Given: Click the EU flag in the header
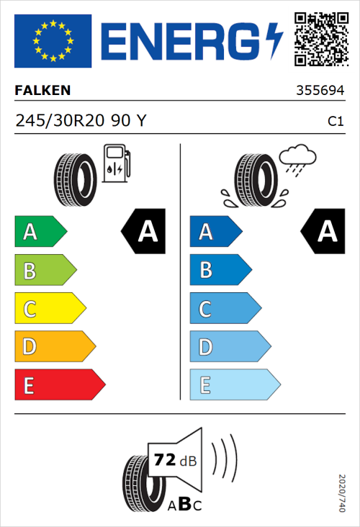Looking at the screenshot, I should coord(53,41).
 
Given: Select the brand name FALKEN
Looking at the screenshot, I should coord(42,91).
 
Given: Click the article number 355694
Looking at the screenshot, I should coord(320,91).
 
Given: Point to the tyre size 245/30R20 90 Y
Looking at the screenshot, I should coord(81,122).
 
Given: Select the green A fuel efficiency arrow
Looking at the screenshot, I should coord(40,232).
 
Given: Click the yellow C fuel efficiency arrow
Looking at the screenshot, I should coord(49,309).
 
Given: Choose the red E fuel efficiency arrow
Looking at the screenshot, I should coord(59,385).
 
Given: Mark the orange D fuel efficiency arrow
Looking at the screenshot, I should coord(54,347).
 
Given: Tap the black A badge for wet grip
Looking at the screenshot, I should coord(323,232).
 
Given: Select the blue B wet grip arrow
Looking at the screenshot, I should coord(220,271).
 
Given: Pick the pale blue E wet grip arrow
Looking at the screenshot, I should coord(234,385).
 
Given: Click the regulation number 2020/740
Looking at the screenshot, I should coord(341,492).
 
